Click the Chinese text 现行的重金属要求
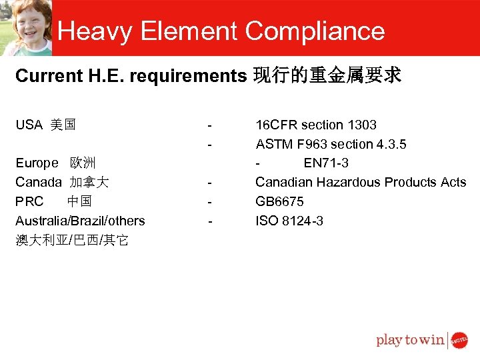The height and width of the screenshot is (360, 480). pyautogui.click(x=327, y=76)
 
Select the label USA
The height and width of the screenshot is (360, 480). pyautogui.click(x=29, y=125)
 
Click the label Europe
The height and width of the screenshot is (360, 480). pyautogui.click(x=37, y=163)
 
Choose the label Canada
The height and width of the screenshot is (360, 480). pyautogui.click(x=39, y=182)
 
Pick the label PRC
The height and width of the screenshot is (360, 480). pyautogui.click(x=29, y=201)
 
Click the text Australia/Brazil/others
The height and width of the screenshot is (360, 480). pyautogui.click(x=80, y=221)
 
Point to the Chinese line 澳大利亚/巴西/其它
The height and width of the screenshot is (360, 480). pyautogui.click(x=72, y=240)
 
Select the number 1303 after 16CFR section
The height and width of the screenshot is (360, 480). pyautogui.click(x=362, y=125)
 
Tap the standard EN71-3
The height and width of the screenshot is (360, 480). pyautogui.click(x=326, y=163)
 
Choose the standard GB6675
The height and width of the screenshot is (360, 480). pyautogui.click(x=279, y=201)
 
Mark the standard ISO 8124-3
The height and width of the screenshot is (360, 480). pyautogui.click(x=289, y=221)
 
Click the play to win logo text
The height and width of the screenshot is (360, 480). pyautogui.click(x=410, y=340)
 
